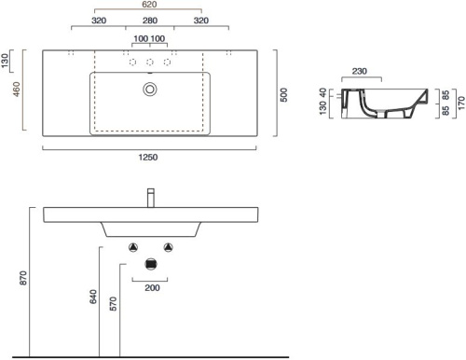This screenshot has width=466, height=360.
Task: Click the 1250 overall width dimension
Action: [x=148, y=158]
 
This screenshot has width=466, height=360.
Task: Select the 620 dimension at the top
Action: [x=149, y=5]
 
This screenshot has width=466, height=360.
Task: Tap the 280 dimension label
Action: [x=150, y=21]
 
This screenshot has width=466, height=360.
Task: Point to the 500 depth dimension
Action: [x=283, y=95]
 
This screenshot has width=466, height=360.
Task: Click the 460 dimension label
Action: [x=16, y=89]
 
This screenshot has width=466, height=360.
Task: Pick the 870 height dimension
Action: [x=23, y=278]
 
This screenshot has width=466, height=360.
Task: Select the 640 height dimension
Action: [x=93, y=297]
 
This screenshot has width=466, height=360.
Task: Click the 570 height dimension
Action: [x=114, y=304]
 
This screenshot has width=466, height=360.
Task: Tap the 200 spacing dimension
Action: [x=152, y=288]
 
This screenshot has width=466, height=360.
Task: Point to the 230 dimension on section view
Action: [x=360, y=71]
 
